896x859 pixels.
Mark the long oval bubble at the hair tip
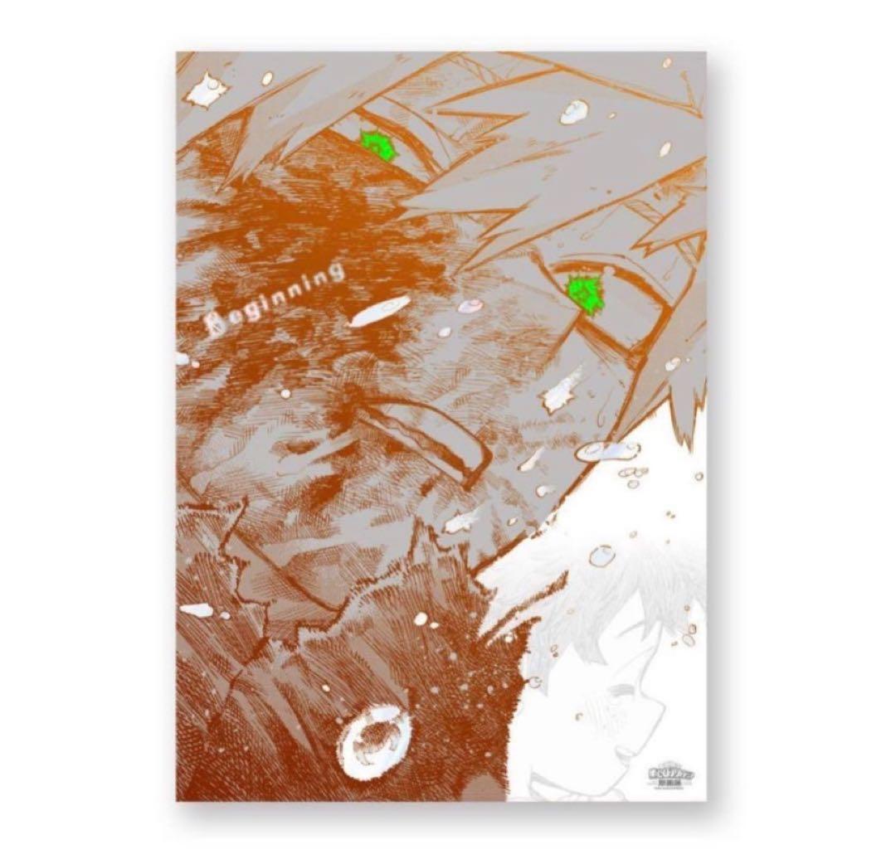pyautogui.click(x=607, y=450)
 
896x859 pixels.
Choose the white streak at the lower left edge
pyautogui.click(x=196, y=609)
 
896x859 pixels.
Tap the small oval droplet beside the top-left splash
pyautogui.click(x=266, y=78)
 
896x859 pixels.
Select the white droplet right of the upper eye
pyautogui.click(x=573, y=111)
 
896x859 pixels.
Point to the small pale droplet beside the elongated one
pyautogui.click(x=470, y=306)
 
